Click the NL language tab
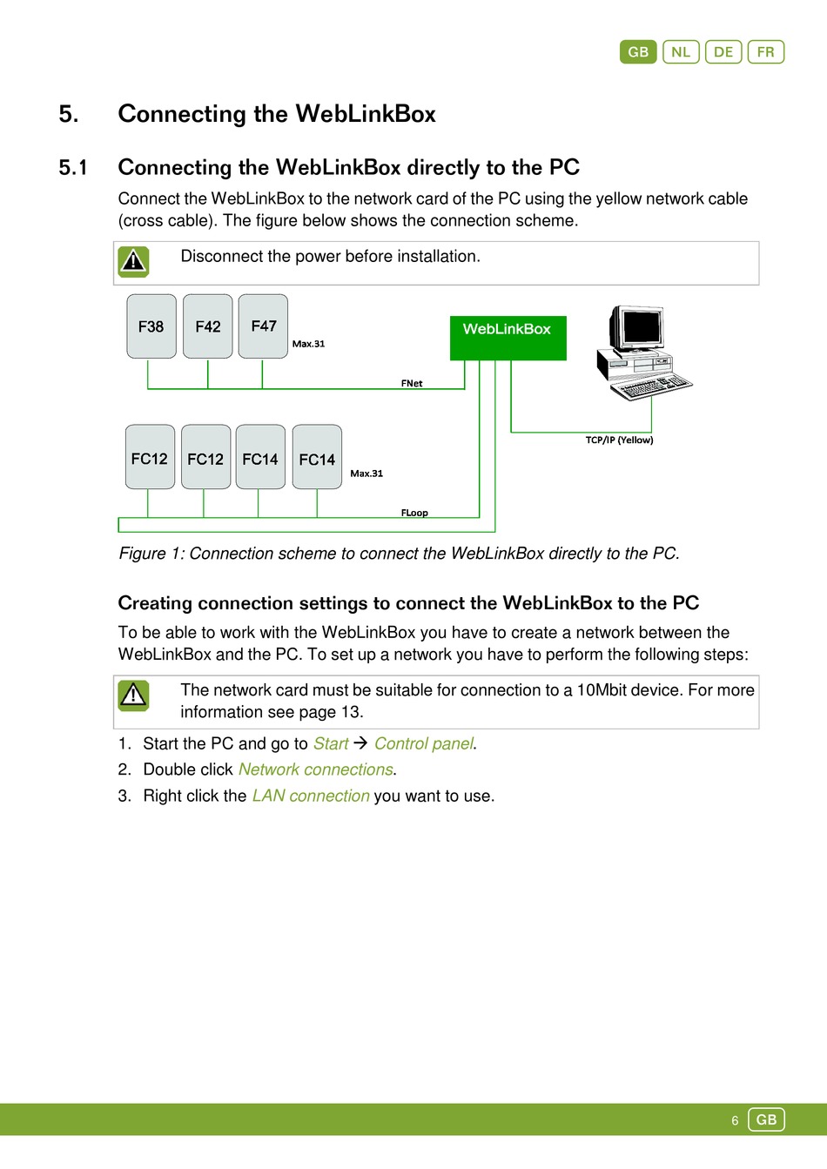(681, 52)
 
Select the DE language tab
(723, 52)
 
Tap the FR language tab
(766, 52)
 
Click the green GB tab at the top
(638, 52)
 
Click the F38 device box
(151, 326)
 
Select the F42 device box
(208, 326)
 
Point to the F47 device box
(263, 326)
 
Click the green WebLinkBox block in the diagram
(508, 338)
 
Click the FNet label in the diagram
(412, 383)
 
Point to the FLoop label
(414, 513)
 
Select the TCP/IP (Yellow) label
(619, 440)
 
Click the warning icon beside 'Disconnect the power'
(133, 261)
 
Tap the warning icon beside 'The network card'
(133, 695)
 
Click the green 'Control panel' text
(424, 744)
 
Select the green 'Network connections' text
(316, 770)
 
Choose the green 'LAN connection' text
(311, 796)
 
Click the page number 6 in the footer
(735, 1120)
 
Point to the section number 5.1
(73, 167)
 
